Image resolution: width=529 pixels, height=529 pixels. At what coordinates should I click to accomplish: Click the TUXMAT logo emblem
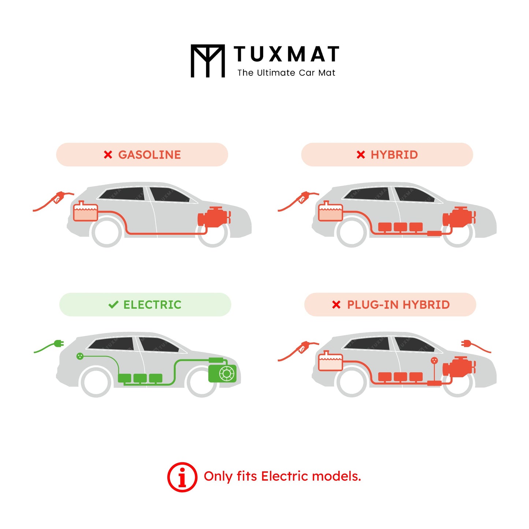point(208,61)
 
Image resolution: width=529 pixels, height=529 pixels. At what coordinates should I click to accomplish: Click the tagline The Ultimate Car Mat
point(286,73)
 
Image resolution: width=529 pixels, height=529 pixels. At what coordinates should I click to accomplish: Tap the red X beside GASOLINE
point(108,155)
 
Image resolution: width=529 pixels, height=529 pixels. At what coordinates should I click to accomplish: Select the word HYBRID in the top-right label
point(394,155)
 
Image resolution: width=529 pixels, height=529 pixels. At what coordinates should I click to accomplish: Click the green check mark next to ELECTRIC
point(113,304)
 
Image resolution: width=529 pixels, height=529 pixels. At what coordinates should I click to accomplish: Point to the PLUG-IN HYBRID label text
point(398,305)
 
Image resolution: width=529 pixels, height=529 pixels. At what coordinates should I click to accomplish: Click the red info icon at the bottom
point(182,477)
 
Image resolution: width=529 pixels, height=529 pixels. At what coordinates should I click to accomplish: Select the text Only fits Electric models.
point(282,476)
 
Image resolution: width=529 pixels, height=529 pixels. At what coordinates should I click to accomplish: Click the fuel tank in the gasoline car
point(85,212)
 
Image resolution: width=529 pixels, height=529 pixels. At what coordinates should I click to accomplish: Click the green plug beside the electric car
point(58,344)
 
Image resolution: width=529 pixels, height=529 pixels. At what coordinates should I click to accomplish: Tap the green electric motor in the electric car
point(222,372)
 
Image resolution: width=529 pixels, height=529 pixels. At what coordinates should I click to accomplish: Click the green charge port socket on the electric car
point(80,356)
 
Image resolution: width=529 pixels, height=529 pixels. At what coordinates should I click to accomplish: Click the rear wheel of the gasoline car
point(107,232)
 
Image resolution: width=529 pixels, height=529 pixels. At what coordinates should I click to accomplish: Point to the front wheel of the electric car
point(201,382)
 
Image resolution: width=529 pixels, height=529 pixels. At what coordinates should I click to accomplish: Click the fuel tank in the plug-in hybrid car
point(330,361)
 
